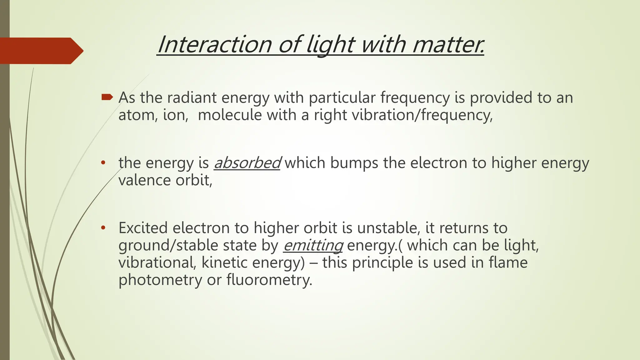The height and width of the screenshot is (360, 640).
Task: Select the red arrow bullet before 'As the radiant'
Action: click(x=107, y=97)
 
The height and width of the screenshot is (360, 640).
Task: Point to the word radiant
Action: click(x=192, y=97)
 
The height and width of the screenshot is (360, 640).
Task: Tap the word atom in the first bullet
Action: click(x=135, y=115)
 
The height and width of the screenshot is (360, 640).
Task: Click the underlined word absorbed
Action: click(x=247, y=163)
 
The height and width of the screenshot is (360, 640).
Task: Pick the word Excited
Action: click(x=143, y=228)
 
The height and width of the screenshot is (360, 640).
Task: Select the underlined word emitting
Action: click(x=313, y=245)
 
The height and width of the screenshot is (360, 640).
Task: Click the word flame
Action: click(x=508, y=262)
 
